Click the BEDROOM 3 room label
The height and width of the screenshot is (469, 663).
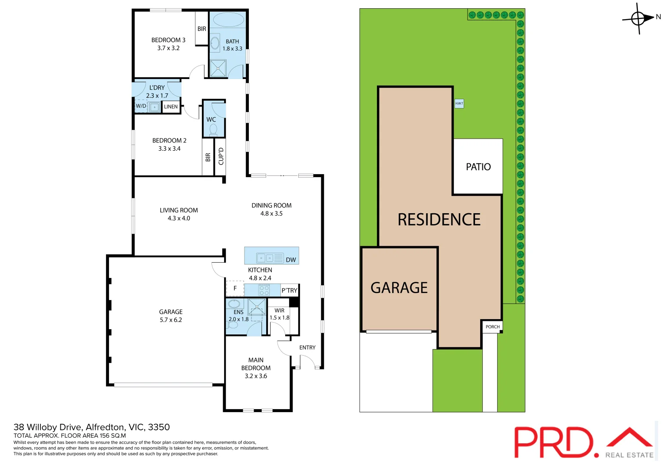coord(168,40)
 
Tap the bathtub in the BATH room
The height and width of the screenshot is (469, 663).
coord(228,20)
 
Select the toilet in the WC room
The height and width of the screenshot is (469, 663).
coord(213,129)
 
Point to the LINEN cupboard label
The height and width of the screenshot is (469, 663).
coord(171,107)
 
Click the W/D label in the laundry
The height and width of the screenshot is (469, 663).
coord(141,106)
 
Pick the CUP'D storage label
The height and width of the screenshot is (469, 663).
coord(221,156)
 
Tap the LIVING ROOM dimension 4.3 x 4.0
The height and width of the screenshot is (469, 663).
coord(179,218)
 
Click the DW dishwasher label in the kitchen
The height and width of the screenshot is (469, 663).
coord(291,260)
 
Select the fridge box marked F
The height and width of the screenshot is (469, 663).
coord(235,288)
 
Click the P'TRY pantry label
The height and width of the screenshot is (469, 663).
coord(290,291)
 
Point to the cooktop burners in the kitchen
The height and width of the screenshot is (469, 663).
coord(264,290)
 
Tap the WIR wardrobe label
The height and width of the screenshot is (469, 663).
coord(280,310)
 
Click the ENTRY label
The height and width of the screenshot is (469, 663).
coord(307,347)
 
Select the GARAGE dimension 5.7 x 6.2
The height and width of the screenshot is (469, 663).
coord(171,320)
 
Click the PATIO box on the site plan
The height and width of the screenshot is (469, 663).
coord(478,167)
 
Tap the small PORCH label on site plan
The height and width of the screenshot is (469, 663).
coord(493,327)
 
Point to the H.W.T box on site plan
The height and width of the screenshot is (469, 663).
coord(459,103)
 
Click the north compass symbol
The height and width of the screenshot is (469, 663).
coord(638,18)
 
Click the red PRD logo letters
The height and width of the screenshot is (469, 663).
coord(553,442)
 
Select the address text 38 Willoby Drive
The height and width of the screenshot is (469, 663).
coord(48,427)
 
